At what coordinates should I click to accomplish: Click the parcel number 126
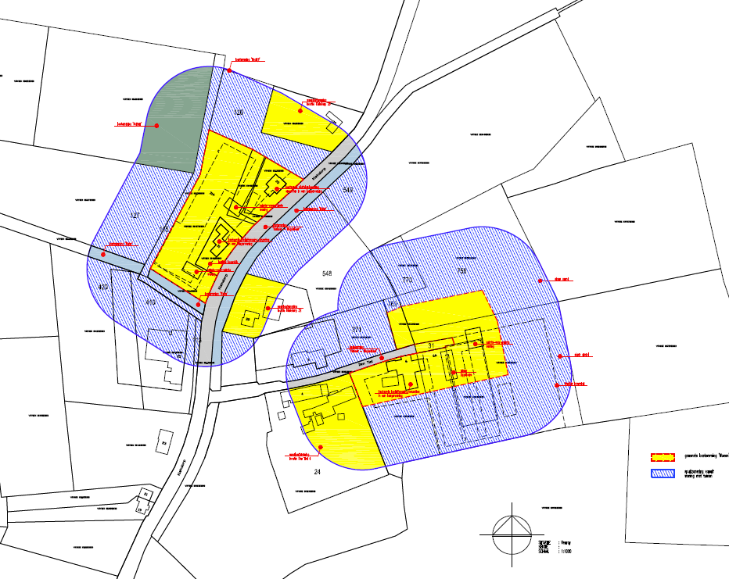tap(240, 113)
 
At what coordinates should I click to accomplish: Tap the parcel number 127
tap(135, 215)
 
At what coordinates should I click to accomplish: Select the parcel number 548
tap(327, 273)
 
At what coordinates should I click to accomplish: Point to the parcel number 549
tap(348, 190)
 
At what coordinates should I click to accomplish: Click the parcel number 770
tap(406, 279)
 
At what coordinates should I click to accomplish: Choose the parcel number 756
tap(461, 271)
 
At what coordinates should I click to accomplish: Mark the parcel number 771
tap(356, 329)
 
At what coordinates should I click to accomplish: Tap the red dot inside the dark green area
tap(157, 125)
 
